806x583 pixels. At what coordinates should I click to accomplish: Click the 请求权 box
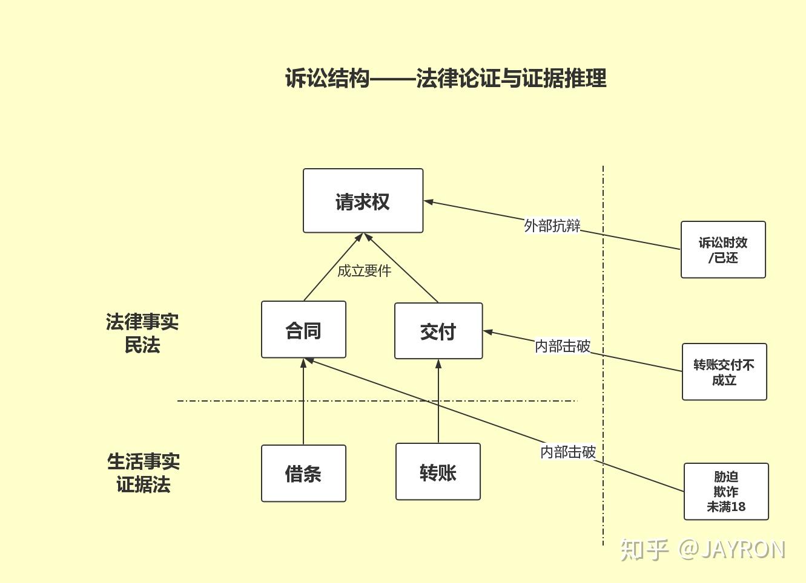[x=363, y=201]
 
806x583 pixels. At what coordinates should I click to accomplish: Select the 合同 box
[x=303, y=330]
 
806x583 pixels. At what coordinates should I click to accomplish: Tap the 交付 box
[x=438, y=331]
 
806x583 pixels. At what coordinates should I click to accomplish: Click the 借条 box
[x=303, y=474]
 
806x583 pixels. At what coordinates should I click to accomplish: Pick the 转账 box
[x=438, y=472]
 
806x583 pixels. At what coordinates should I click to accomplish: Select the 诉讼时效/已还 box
[x=723, y=250]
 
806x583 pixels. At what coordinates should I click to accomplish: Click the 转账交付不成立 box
[x=724, y=372]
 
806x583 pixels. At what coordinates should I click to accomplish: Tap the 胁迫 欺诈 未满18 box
[x=726, y=492]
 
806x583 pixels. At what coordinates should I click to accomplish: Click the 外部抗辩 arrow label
[x=552, y=226]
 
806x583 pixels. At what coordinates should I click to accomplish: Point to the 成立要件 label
[x=364, y=271]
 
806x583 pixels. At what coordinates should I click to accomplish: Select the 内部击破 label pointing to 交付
[x=562, y=346]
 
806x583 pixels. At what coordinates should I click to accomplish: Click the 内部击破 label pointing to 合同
[x=567, y=452]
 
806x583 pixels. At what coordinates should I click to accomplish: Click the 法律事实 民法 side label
[x=142, y=333]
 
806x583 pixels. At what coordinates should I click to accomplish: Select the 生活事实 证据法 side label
[x=144, y=473]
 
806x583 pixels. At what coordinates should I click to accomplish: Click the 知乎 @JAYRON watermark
[x=702, y=549]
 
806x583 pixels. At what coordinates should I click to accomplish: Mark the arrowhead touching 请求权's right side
[x=429, y=201]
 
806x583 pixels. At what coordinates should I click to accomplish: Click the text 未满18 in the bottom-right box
[x=726, y=507]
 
